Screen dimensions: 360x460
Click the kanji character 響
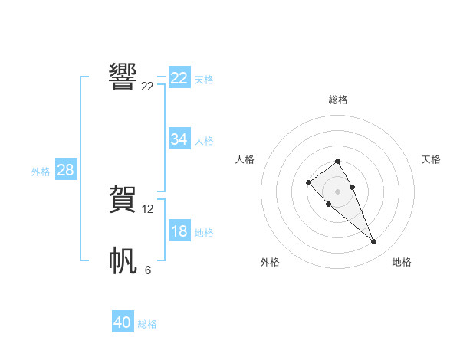click(x=123, y=77)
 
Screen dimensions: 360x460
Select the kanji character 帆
click(x=123, y=261)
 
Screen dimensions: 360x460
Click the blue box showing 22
click(x=179, y=78)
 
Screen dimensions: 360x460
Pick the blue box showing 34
click(x=179, y=139)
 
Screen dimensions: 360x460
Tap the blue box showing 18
click(x=179, y=231)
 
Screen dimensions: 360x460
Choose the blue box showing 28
click(x=65, y=170)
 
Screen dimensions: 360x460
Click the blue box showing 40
click(x=123, y=322)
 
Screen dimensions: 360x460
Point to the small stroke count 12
click(x=148, y=208)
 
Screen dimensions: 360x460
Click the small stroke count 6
click(x=148, y=270)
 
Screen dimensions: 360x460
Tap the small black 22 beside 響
click(x=148, y=87)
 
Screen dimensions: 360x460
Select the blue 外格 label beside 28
click(x=41, y=172)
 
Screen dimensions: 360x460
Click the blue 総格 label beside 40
click(x=147, y=324)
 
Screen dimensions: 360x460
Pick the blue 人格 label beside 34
click(x=204, y=141)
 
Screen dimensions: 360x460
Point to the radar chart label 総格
click(x=338, y=100)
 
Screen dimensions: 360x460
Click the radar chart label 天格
click(x=432, y=159)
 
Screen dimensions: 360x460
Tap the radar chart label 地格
click(x=402, y=262)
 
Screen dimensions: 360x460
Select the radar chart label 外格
click(x=270, y=262)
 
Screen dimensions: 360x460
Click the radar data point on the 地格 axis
click(x=374, y=242)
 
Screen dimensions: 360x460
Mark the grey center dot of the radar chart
click(x=338, y=191)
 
